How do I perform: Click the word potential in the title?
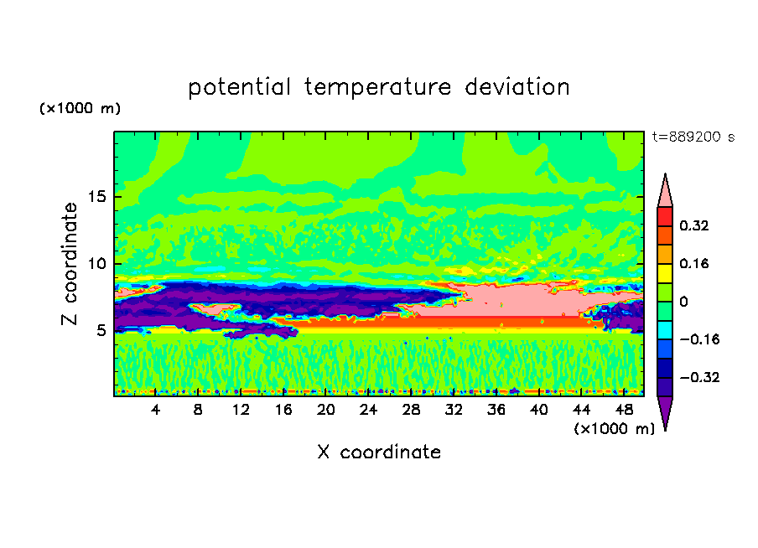click(239, 88)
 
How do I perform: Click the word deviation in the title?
click(517, 87)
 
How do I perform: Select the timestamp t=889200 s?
click(693, 137)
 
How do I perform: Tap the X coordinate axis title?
click(380, 452)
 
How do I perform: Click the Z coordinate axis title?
click(70, 264)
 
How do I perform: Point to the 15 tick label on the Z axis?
click(97, 197)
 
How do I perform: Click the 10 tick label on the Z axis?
click(97, 264)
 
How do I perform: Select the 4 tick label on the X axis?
click(155, 411)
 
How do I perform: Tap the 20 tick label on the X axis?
click(326, 411)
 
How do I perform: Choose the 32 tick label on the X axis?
click(454, 411)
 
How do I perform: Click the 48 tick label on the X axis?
click(624, 411)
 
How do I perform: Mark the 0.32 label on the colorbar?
click(694, 225)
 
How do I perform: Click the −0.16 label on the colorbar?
click(699, 339)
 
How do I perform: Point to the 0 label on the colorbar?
click(684, 302)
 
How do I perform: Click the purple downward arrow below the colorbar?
click(665, 411)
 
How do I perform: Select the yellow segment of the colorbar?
click(665, 273)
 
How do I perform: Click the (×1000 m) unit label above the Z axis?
click(80, 108)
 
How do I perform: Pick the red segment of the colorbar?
click(665, 216)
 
